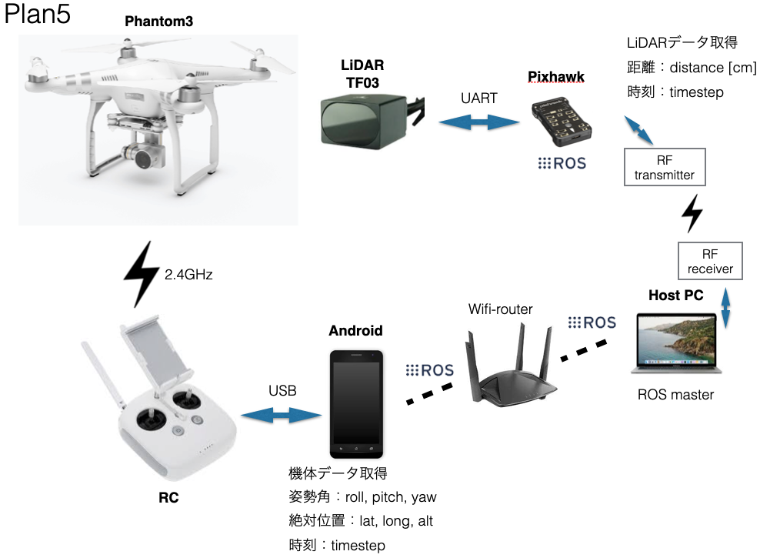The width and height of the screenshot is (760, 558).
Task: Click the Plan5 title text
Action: pyautogui.click(x=38, y=14)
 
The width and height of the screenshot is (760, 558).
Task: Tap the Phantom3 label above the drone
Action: pyautogui.click(x=159, y=22)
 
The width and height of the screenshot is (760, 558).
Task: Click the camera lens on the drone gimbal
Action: pyautogui.click(x=144, y=159)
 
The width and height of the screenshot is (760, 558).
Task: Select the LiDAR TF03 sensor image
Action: pyautogui.click(x=372, y=122)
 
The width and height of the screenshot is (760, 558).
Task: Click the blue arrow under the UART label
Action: pyautogui.click(x=479, y=122)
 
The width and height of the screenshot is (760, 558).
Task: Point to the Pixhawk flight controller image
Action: pyautogui.click(x=562, y=123)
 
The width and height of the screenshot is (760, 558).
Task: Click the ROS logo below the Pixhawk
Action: pyautogui.click(x=562, y=163)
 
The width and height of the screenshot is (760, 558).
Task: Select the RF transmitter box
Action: pyautogui.click(x=665, y=167)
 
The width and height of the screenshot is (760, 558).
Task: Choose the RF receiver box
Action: pyautogui.click(x=710, y=262)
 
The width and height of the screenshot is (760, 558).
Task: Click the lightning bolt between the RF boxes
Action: pyautogui.click(x=692, y=213)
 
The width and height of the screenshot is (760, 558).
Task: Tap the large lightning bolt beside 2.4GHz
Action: pyautogui.click(x=141, y=275)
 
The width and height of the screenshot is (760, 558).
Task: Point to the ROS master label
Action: pyautogui.click(x=675, y=395)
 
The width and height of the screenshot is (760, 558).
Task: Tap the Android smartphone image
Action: pyautogui.click(x=356, y=404)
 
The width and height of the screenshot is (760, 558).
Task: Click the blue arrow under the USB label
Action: pyautogui.click(x=281, y=415)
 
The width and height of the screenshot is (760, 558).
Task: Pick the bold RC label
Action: pyautogui.click(x=168, y=498)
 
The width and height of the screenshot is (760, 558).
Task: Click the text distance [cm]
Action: pyautogui.click(x=713, y=68)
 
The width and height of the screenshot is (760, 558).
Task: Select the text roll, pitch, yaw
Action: pyautogui.click(x=391, y=497)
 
